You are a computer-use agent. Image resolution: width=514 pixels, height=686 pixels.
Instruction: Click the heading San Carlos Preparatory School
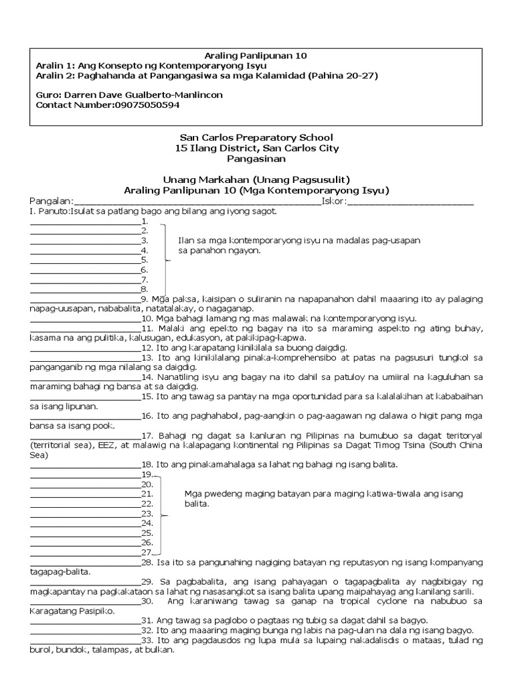tap(256, 137)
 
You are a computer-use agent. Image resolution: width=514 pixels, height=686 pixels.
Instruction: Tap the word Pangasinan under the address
tap(256, 159)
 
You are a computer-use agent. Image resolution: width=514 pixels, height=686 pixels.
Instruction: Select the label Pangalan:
tap(51, 201)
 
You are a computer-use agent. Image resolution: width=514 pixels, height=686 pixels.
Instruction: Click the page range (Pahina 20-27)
tap(341, 76)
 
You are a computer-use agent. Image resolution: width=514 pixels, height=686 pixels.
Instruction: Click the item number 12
tap(147, 348)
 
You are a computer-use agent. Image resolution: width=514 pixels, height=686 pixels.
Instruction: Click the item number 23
tap(147, 513)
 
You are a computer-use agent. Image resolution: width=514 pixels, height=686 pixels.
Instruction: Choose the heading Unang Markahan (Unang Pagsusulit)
tap(256, 180)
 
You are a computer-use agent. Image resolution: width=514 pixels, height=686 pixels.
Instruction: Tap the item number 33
tap(147, 640)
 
